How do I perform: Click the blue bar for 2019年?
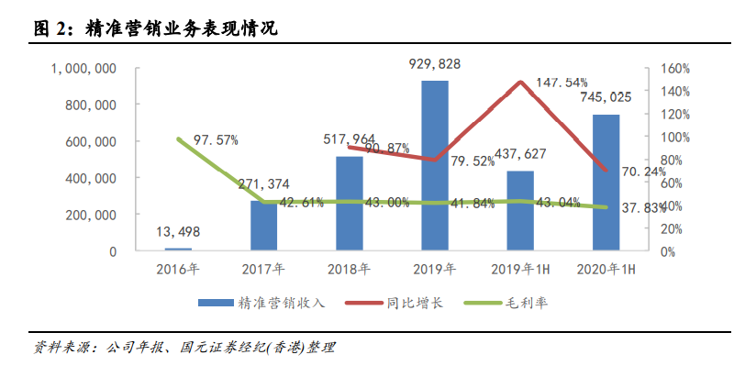[435, 165]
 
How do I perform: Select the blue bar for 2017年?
[264, 225]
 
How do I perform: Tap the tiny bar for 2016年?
[179, 249]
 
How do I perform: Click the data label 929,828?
[435, 63]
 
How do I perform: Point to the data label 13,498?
[179, 231]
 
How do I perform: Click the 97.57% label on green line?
[210, 140]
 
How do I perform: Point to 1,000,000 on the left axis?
[83, 69]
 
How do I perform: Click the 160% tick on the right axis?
[673, 69]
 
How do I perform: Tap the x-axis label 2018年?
[350, 270]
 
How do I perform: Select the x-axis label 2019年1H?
[520, 270]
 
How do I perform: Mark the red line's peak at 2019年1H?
[520, 82]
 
